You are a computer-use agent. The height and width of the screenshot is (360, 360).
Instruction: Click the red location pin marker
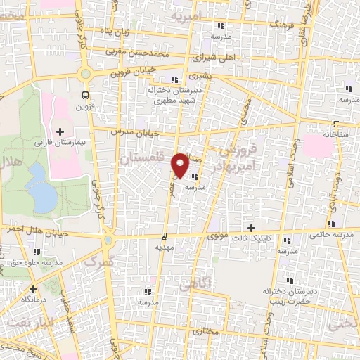(181, 165)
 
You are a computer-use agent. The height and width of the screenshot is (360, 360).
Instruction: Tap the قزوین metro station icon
(86, 95)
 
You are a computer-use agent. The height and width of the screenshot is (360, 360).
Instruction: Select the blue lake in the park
(42, 188)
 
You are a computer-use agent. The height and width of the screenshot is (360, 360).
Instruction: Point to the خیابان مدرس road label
(136, 131)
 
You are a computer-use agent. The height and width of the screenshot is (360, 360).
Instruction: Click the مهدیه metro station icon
(163, 236)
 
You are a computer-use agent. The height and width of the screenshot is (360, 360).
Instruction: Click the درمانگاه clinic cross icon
(33, 289)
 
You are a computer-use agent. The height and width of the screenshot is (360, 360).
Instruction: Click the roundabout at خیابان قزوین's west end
(86, 73)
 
